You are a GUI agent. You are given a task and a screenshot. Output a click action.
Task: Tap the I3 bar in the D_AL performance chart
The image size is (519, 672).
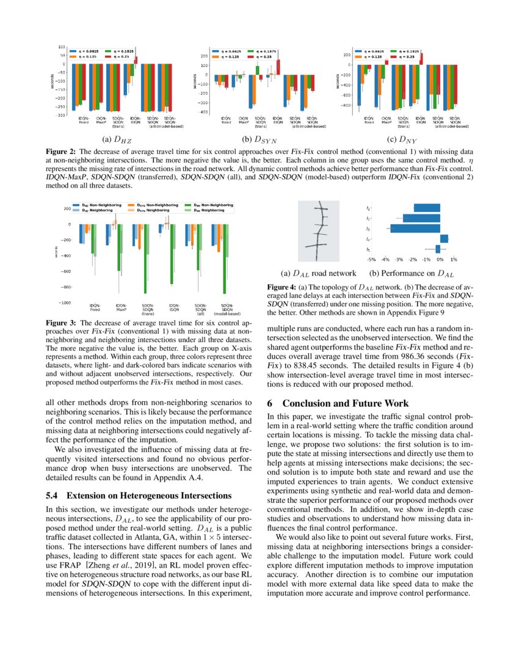click(x=415, y=228)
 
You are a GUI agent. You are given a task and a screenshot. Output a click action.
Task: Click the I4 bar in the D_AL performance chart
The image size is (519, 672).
click(x=444, y=238)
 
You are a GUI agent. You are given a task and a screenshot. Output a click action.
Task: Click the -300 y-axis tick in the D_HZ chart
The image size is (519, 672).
click(x=61, y=115)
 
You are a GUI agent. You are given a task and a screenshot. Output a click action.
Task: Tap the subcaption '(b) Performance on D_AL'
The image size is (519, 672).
click(x=411, y=274)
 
